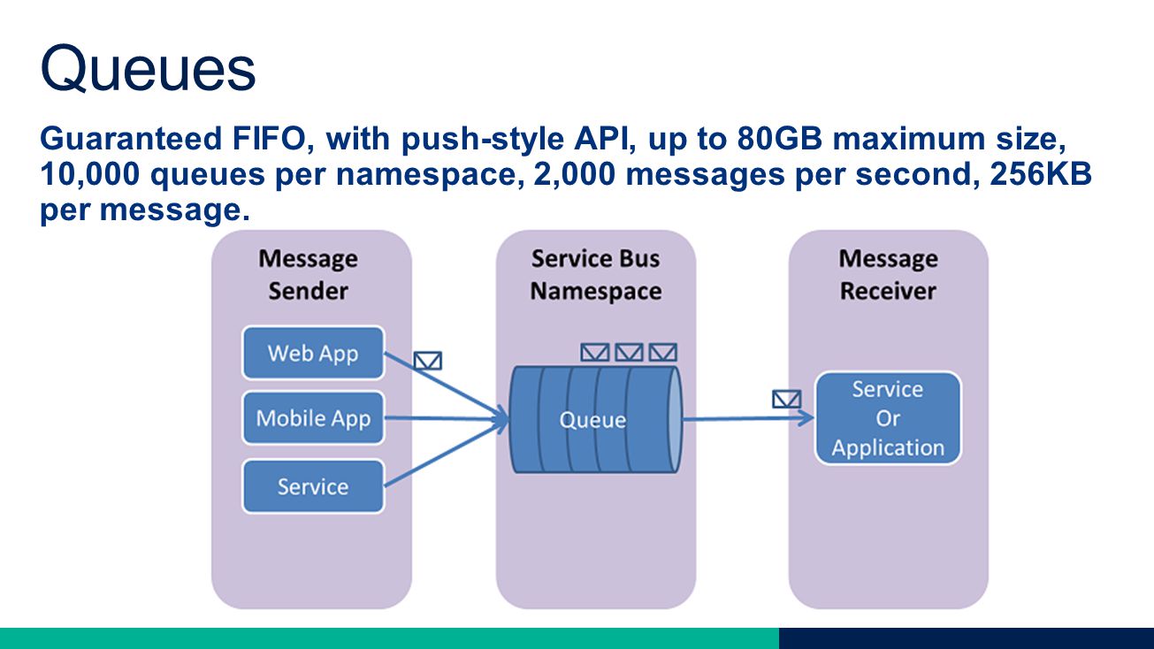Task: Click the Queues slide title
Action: coord(148,68)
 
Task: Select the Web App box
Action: coord(313,353)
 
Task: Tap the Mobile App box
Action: coord(313,417)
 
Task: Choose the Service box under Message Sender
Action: coord(313,486)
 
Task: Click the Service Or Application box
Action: coord(888,418)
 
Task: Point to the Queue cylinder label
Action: coord(592,420)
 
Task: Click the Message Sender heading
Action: coord(308,274)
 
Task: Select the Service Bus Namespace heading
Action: coord(595,274)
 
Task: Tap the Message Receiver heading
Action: coord(888,274)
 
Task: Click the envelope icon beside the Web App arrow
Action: coord(428,361)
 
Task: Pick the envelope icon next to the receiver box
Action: coord(787,399)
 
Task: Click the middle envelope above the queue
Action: coord(629,353)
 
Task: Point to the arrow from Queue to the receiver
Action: coord(749,419)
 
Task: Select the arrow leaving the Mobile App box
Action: coord(447,418)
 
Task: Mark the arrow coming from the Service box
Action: coord(447,454)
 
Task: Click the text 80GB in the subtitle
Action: coord(779,139)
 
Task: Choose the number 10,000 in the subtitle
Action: coord(89,174)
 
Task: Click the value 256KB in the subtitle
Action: coord(1041,174)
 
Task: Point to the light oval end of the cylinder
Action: coord(675,419)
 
